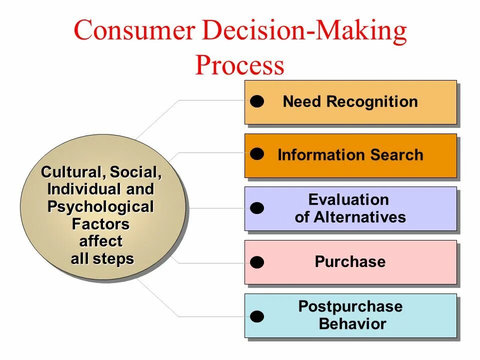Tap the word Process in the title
[239, 65]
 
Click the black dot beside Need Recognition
[257, 102]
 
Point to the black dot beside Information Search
[257, 154]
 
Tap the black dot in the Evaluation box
[257, 208]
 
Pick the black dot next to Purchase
[257, 262]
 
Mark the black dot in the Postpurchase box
[257, 316]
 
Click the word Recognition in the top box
[372, 102]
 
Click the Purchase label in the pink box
[350, 262]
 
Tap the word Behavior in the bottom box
[352, 324]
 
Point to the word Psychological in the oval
[100, 207]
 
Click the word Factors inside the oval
[100, 224]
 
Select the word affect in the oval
[100, 241]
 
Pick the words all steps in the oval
[102, 259]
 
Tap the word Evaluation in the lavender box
[348, 200]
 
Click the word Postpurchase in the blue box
[350, 306]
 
